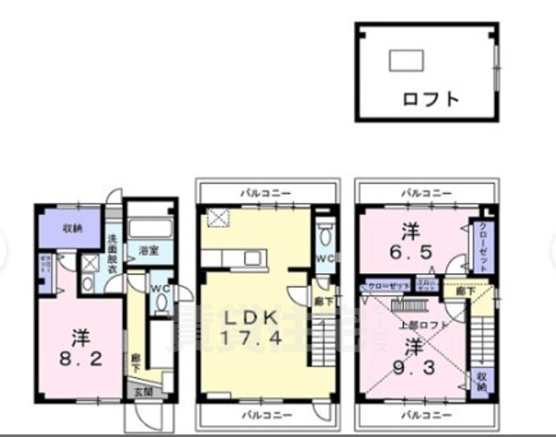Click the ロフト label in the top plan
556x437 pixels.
click(430, 98)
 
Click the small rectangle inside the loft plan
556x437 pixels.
click(405, 60)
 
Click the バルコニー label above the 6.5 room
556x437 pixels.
click(425, 192)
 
